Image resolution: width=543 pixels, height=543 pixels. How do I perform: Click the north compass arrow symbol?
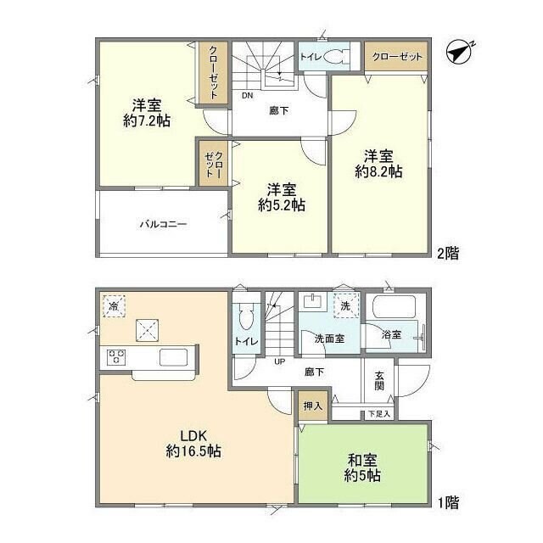(460, 53)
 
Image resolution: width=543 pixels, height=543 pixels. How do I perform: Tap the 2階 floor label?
(446, 253)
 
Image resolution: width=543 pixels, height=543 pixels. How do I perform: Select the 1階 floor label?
(446, 502)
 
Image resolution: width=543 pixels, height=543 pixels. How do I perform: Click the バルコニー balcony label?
(163, 225)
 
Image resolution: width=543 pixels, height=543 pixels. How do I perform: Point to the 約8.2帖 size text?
(378, 171)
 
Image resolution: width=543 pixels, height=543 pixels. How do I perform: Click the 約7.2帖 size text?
(146, 121)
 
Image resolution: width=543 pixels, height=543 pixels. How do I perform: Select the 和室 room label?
(362, 460)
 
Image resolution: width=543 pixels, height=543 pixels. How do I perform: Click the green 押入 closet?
(313, 406)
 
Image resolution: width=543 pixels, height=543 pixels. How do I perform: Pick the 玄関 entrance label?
(378, 378)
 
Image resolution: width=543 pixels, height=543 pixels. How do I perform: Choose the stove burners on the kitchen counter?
(116, 357)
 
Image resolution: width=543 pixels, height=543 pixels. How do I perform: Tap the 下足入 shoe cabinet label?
(378, 414)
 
